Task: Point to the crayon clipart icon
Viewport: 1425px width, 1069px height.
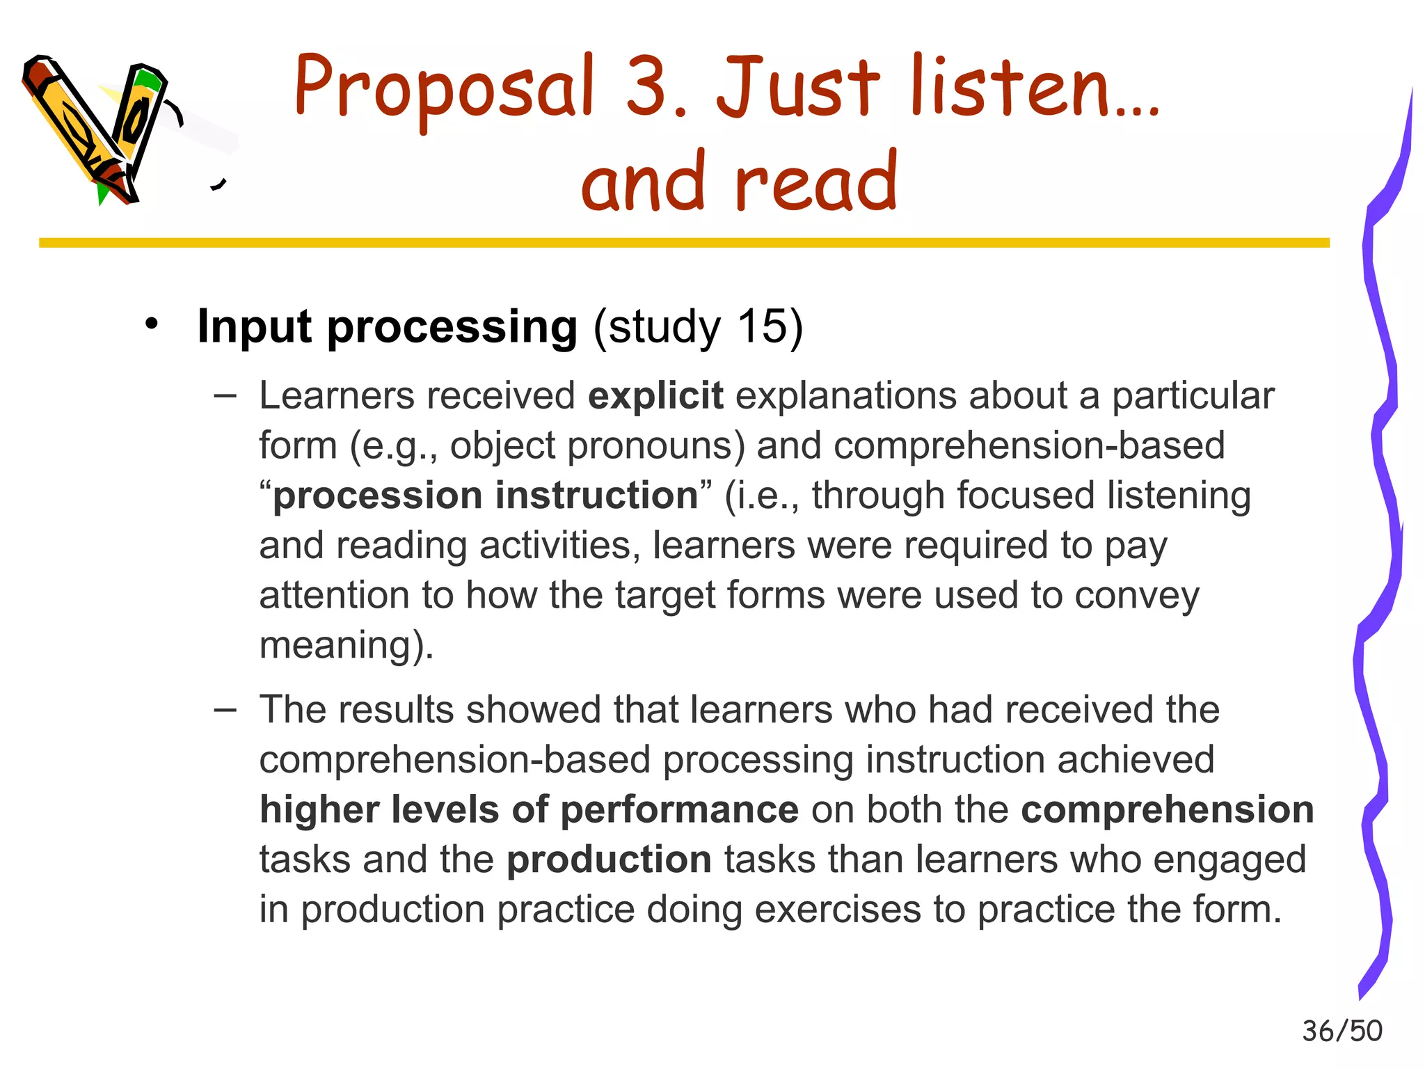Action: pyautogui.click(x=97, y=129)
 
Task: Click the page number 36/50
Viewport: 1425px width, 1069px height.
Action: pyautogui.click(x=1342, y=1031)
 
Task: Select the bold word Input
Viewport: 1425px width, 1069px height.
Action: pyautogui.click(x=255, y=326)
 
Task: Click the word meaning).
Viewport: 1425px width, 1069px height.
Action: pyautogui.click(x=347, y=645)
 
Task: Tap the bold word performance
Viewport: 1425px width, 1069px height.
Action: pyautogui.click(x=679, y=809)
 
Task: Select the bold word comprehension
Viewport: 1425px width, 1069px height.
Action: pyautogui.click(x=1167, y=809)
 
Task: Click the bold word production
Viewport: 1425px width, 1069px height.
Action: pyautogui.click(x=609, y=860)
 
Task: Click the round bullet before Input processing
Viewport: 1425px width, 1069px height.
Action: pyautogui.click(x=152, y=324)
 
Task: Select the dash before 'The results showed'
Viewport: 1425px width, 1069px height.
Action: pyautogui.click(x=225, y=711)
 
